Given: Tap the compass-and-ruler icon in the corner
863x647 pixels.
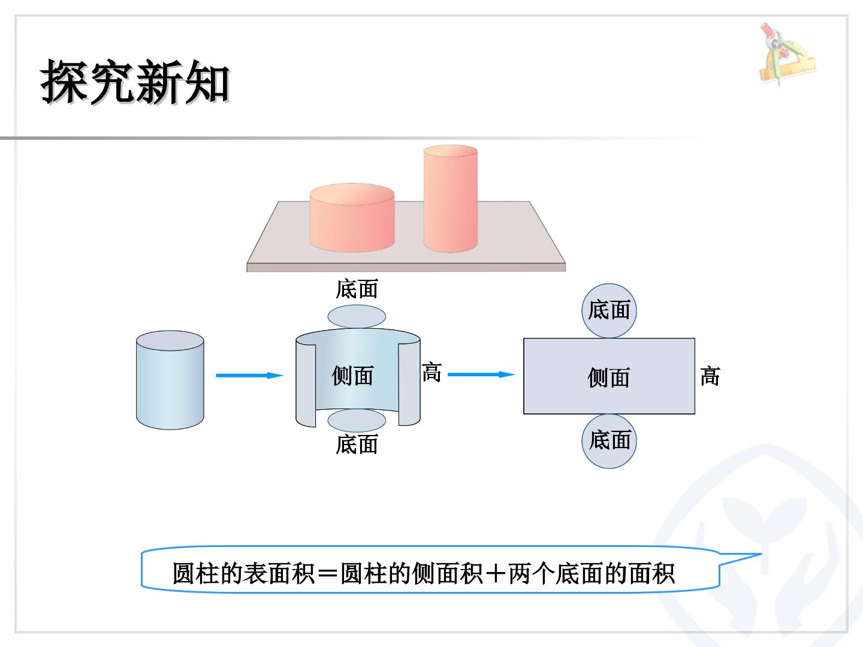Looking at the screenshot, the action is pos(786,53).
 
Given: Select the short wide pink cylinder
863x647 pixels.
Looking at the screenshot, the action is pos(352,217).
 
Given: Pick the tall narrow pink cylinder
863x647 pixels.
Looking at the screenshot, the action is pos(451,198).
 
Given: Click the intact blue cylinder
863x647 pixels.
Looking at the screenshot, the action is pos(170,380).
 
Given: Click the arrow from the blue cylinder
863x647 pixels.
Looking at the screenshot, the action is pos(250,376).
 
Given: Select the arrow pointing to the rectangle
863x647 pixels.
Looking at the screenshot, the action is pos(482,374).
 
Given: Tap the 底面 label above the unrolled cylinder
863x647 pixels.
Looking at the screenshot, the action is pos(357,289).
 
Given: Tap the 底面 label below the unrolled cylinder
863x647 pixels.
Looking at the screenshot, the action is pos(357,445).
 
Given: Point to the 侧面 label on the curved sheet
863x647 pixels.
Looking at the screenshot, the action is pos(352,376).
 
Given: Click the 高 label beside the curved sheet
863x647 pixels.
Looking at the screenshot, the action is pos(431,372).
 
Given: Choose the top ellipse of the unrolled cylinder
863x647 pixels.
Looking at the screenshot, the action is pos(357,317).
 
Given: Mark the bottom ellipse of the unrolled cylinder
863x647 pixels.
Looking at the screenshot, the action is pos(357,421).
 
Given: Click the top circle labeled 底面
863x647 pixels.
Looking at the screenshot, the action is pos(609,311).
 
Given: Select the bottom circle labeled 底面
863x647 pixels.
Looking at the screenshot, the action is pos(609,441).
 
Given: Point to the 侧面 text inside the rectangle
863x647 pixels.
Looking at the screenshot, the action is pos(609,377).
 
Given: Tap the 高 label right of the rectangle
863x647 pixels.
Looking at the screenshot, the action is pos(710,376).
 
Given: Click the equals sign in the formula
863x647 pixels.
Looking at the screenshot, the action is pos(327,574).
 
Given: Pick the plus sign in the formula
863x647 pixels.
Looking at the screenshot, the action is pos(496,574).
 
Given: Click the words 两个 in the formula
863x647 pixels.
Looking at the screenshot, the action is pos(531,573).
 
